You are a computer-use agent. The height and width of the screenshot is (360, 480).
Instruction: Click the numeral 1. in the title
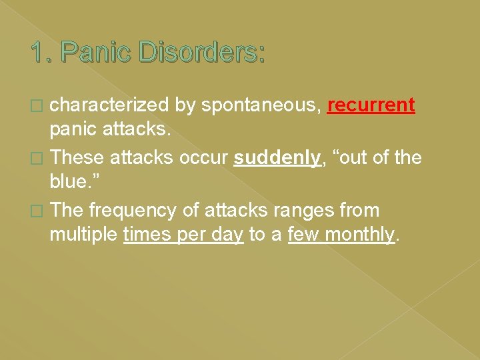click(x=43, y=53)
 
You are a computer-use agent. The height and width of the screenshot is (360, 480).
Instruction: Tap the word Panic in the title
click(x=95, y=53)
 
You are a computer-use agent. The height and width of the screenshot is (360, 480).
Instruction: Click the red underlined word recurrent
click(x=371, y=105)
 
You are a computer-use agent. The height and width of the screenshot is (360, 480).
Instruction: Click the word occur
click(x=203, y=158)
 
